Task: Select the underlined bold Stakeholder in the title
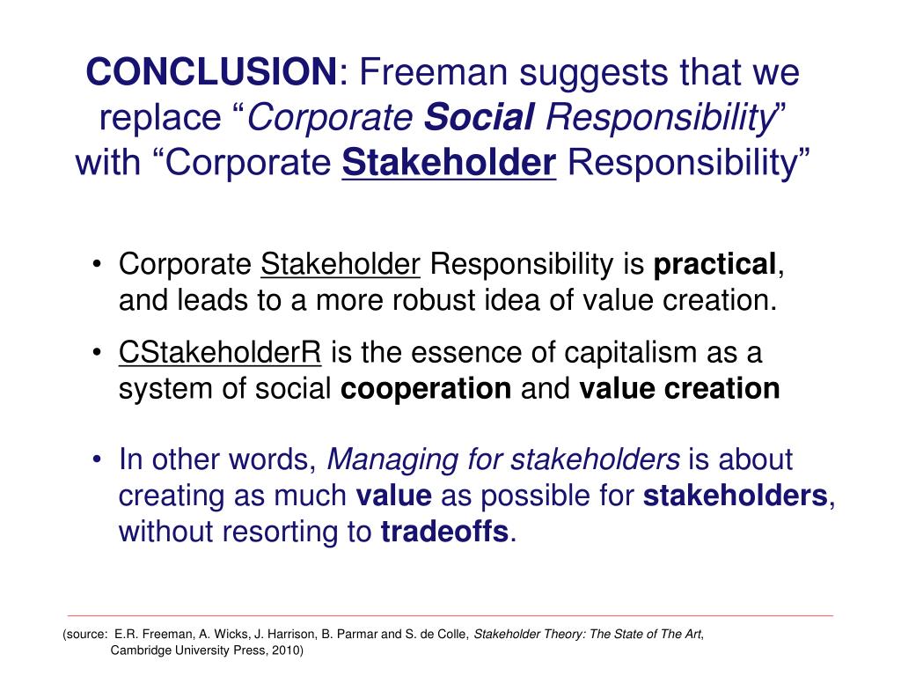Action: coord(449,163)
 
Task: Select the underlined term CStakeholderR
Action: coord(221,353)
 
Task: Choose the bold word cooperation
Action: coord(426,389)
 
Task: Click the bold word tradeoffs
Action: coord(444,533)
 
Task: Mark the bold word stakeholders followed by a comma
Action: coord(736,496)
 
